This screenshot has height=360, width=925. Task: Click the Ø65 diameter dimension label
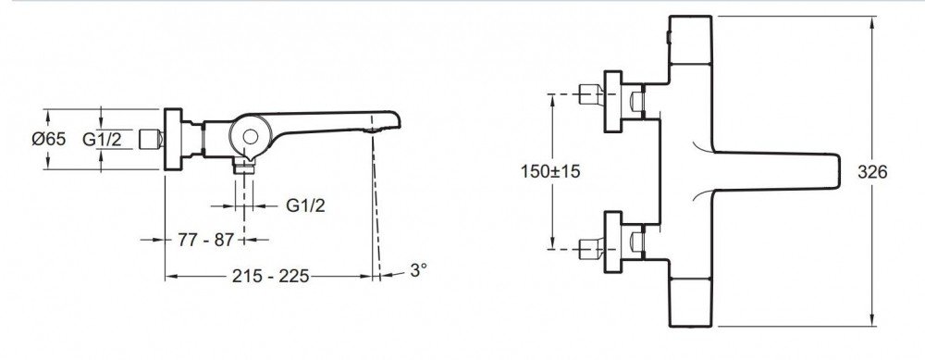[49, 140]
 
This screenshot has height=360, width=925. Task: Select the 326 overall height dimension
[872, 172]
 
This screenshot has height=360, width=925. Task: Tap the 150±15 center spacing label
[550, 172]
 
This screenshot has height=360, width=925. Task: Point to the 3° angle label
[418, 269]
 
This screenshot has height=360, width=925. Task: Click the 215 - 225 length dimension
[270, 276]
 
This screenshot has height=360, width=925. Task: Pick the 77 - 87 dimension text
[206, 240]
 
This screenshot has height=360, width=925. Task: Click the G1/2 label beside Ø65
[102, 140]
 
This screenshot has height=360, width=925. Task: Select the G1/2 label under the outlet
[305, 205]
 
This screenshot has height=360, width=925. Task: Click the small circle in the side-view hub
[250, 137]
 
